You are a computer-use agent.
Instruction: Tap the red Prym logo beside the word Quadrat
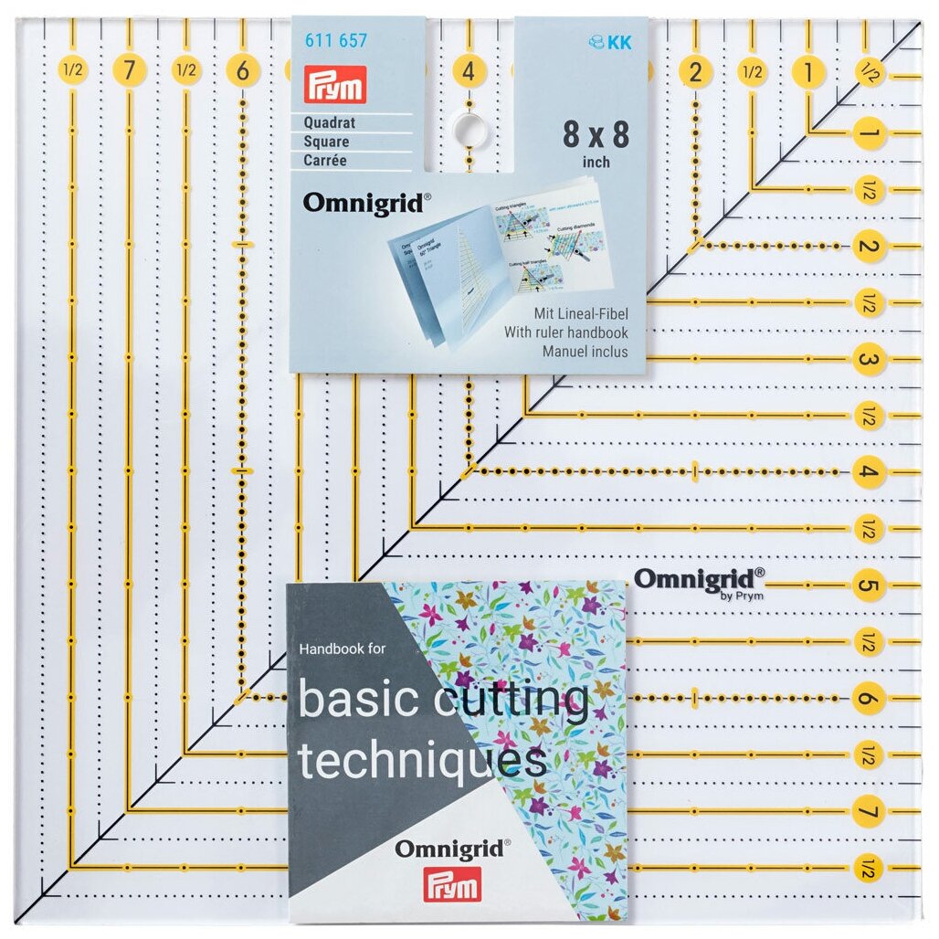(334, 85)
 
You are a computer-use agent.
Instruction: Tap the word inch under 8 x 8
(596, 163)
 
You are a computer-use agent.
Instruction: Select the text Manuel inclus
(585, 351)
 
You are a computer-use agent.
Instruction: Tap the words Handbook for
(343, 649)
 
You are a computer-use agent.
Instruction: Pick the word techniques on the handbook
(423, 760)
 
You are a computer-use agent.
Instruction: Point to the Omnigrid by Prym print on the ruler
(700, 581)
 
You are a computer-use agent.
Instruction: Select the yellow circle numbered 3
(869, 360)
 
